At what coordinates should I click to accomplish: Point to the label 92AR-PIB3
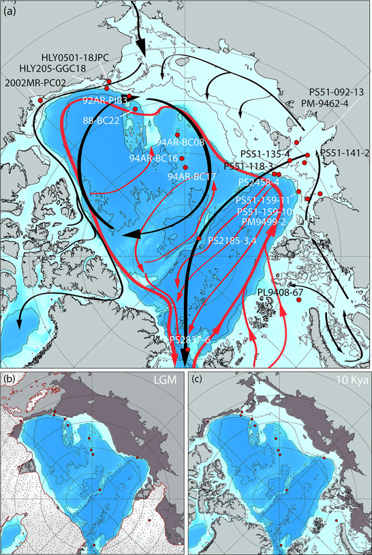(x=105, y=100)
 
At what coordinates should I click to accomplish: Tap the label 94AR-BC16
(x=154, y=158)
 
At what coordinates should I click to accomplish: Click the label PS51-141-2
(x=345, y=153)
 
